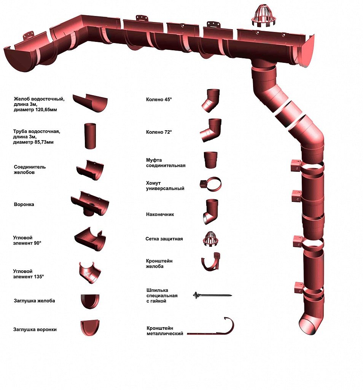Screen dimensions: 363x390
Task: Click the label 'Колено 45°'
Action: coord(159,99)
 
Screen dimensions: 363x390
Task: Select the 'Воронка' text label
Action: coord(24,205)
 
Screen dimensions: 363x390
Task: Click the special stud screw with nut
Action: coord(212,295)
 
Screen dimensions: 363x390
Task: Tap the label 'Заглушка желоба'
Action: coord(34,301)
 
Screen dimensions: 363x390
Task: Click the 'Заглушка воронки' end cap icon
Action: coord(90,328)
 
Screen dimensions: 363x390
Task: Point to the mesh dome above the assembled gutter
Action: coord(263,15)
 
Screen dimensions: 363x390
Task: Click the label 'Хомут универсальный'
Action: coord(165,186)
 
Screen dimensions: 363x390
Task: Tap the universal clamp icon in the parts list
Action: coord(211,184)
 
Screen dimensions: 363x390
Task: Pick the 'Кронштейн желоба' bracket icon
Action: coord(211,261)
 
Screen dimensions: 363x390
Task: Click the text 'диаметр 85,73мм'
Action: coord(33,142)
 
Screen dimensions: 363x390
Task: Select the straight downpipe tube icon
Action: coord(90,136)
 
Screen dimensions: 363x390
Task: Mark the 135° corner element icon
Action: coord(90,273)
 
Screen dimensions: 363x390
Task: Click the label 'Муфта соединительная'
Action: coord(166,163)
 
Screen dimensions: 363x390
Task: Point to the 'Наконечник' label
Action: coord(160,214)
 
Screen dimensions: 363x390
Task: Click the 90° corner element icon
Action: coord(90,239)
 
